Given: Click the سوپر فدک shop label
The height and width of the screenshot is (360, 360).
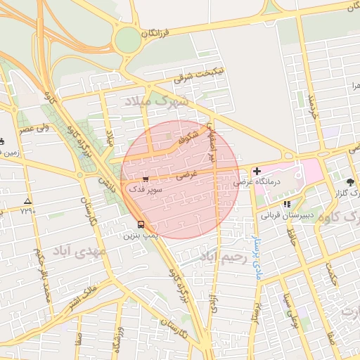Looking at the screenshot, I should point(144,189).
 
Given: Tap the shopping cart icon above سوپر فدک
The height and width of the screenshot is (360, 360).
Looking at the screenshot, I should point(145,179).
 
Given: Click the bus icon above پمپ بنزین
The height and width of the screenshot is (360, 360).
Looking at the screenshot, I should point(141,225).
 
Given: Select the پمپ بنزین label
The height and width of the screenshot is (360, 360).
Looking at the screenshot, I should point(143,236).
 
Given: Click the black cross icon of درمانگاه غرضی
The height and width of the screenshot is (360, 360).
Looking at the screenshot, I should point(257,171).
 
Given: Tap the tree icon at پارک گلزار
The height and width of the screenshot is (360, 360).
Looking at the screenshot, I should point(349,181).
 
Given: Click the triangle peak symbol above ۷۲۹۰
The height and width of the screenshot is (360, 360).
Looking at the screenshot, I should point(27,201).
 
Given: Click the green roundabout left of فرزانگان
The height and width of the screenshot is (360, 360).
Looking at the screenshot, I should point(128,39).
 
